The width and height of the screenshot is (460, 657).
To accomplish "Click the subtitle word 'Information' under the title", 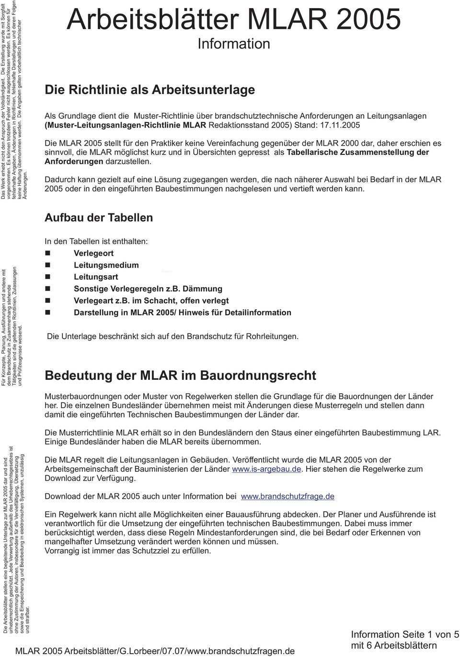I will (x=234, y=44).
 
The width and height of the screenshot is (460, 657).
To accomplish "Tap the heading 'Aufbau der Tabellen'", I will (x=99, y=218).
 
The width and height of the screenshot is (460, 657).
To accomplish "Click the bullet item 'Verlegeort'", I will (x=93, y=253).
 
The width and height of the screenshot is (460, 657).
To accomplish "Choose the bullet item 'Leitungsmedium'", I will (x=106, y=265).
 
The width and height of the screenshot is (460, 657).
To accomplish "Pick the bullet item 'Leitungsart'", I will (x=96, y=277).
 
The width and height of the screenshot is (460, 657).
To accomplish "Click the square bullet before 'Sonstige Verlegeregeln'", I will (x=48, y=289).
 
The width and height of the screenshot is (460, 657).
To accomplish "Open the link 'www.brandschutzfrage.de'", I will (x=287, y=496).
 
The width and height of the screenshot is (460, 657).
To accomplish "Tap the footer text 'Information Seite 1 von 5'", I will (x=405, y=634).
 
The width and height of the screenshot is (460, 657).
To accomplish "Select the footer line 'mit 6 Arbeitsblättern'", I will (x=394, y=645).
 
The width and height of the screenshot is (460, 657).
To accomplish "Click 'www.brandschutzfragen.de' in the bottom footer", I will (x=242, y=651).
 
